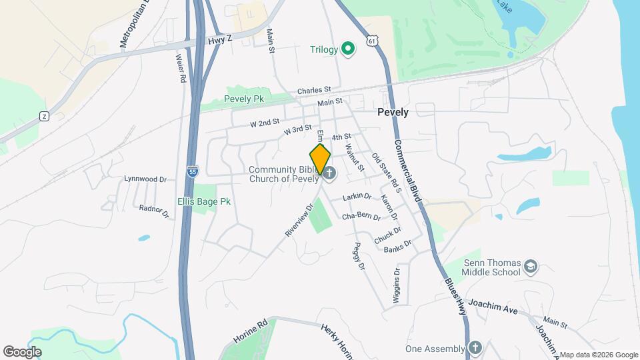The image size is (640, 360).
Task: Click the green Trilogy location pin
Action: coord(347,49)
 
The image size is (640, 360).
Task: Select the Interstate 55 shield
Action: coord(193,171)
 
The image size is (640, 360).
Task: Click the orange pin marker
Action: coord(321,159)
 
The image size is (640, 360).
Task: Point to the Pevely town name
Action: coord(393,112)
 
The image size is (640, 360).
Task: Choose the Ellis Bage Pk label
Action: coord(203,201)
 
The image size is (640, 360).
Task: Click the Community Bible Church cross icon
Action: coord(329,173)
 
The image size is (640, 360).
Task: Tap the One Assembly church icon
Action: coord(474,349)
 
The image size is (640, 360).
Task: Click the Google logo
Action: coord(22,351)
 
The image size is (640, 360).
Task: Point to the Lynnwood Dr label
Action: coord(145,179)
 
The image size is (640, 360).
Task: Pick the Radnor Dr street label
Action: coord(154,211)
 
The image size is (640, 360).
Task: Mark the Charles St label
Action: coord(314,90)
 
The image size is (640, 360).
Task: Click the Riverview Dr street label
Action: coord(298,220)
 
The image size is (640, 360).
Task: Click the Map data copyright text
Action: coord(598,354)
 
